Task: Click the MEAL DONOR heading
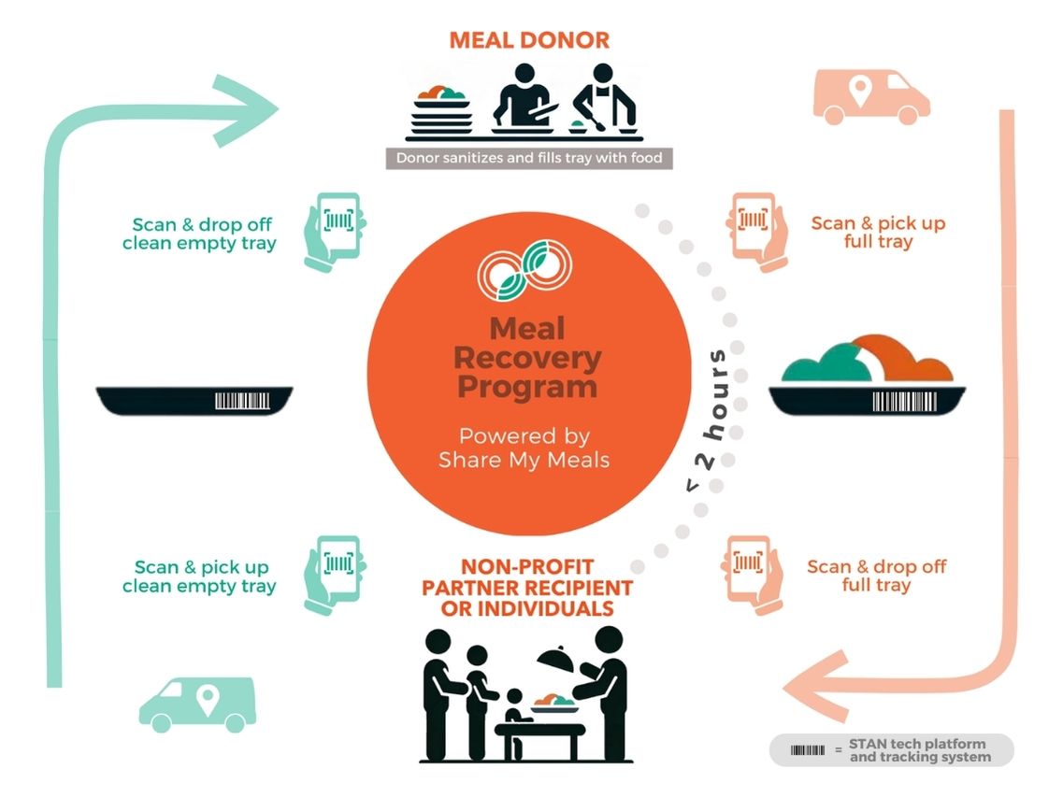pyautogui.click(x=529, y=40)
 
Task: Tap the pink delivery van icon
pyautogui.click(x=871, y=95)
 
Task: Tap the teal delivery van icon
pyautogui.click(x=197, y=704)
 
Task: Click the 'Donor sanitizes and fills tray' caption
pyautogui.click(x=529, y=158)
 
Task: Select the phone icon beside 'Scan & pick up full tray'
pyautogui.click(x=754, y=230)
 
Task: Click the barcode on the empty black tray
pyautogui.click(x=243, y=401)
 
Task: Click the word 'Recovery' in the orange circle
pyautogui.click(x=529, y=358)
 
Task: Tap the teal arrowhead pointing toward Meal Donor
pyautogui.click(x=247, y=110)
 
